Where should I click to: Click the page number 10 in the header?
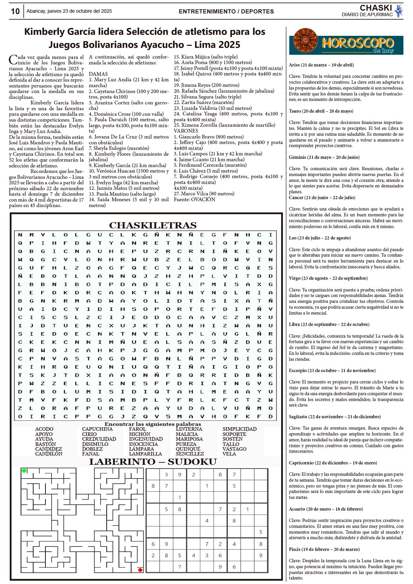pos(15,11)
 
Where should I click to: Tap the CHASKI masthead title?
pos(376,8)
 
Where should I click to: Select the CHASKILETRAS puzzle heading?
pos(153,225)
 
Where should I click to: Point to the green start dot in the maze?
pos(24,471)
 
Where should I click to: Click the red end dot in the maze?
pos(140,570)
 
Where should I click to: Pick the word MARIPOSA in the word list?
pos(189,439)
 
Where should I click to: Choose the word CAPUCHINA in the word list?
pos(97,429)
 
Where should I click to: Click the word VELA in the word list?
pos(229,454)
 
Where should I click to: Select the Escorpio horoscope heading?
pos(332,370)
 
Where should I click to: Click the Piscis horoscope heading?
pos(324,549)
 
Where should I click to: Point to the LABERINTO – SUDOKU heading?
pos(153,462)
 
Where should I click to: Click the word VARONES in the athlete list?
pos(186,131)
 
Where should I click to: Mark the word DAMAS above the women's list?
pos(98,74)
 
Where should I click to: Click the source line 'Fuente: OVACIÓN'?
pos(194,199)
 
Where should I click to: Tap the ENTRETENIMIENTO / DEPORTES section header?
pos(226,11)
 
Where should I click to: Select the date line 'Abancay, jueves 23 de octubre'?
pos(69,11)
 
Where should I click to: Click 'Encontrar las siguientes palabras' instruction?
pos(153,424)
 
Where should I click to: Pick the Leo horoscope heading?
pos(320,238)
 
